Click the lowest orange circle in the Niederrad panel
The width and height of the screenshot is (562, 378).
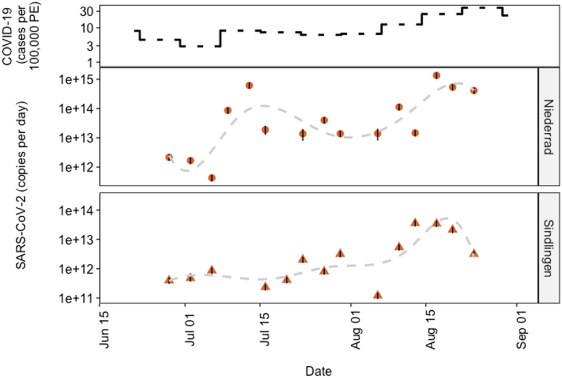pyautogui.click(x=212, y=178)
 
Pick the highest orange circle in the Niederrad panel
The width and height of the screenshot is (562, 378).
pyautogui.click(x=436, y=76)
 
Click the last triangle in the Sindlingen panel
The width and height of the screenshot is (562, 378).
pyautogui.click(x=474, y=253)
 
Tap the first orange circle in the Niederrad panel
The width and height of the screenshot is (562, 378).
pyautogui.click(x=169, y=157)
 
